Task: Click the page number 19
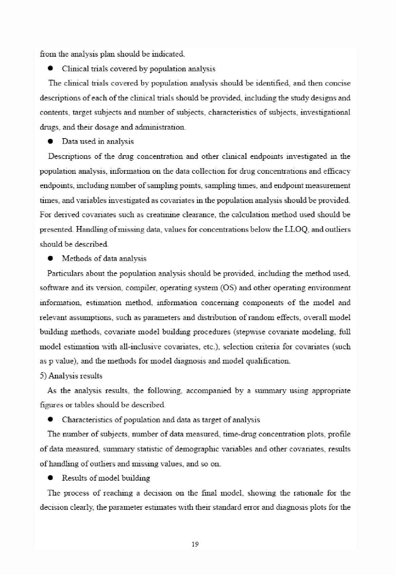(195, 544)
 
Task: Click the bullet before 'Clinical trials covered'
(50, 69)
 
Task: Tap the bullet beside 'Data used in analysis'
(50, 141)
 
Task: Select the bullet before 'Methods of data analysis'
(50, 258)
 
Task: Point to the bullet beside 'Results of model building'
(50, 478)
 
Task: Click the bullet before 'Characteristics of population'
(50, 420)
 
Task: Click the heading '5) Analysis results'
(71, 376)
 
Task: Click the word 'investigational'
(326, 112)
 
